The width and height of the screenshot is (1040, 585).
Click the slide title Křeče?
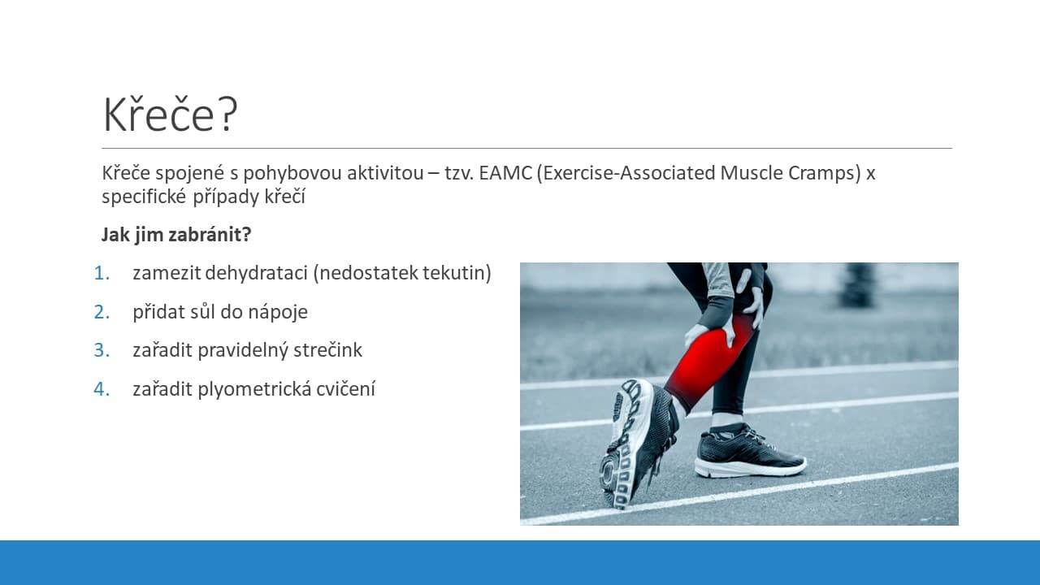(170, 115)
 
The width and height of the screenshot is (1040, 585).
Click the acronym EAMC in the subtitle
(505, 173)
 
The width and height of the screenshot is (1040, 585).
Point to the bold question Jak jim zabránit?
(176, 235)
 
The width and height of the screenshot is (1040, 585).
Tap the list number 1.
(102, 273)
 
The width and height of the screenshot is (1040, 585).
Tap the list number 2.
(102, 312)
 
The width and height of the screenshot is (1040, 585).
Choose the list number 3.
(102, 350)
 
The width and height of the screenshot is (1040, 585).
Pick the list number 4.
(102, 389)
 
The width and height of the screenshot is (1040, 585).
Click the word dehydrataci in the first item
(256, 273)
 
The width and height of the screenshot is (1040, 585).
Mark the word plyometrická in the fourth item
(254, 389)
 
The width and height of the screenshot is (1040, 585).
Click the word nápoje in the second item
(278, 312)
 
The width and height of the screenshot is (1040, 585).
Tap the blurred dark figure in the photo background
(857, 285)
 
